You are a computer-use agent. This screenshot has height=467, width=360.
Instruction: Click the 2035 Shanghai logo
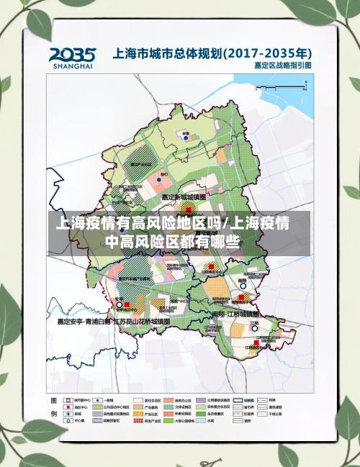73,58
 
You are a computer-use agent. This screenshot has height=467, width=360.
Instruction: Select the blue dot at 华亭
186,138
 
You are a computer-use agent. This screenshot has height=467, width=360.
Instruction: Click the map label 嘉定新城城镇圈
184,196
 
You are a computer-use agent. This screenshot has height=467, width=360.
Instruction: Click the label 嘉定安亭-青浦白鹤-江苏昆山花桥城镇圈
114,322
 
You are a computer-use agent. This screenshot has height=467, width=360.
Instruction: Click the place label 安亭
120,298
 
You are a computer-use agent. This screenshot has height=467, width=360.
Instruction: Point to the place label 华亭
186,133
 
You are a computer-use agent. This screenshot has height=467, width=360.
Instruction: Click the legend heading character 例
53,414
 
